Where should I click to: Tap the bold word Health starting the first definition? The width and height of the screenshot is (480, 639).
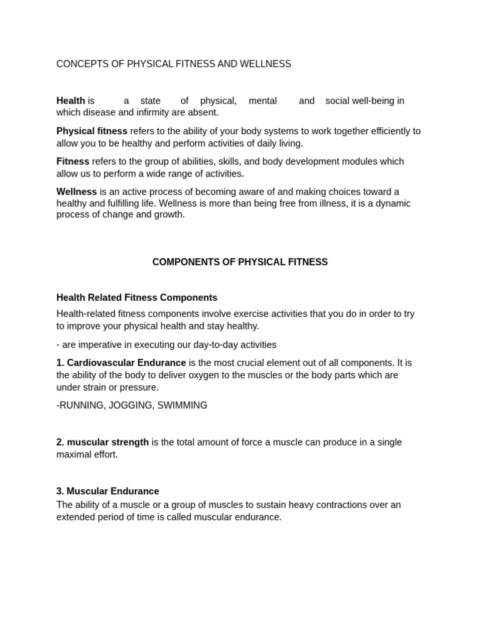click(x=71, y=100)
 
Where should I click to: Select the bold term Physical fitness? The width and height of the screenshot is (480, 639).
click(x=92, y=131)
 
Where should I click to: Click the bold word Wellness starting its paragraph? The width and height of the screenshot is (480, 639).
click(x=76, y=192)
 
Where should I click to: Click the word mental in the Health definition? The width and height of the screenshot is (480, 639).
click(x=262, y=100)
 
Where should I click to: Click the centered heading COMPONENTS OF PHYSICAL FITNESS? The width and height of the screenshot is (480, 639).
click(x=240, y=262)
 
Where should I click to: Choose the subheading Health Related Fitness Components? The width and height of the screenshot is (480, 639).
click(x=137, y=298)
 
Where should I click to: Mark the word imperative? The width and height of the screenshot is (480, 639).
click(x=103, y=344)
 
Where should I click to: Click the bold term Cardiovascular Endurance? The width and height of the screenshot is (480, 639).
click(x=126, y=363)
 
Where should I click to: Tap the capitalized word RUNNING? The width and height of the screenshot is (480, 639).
click(x=80, y=406)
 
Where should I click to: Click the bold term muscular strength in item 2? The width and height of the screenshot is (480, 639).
click(x=107, y=442)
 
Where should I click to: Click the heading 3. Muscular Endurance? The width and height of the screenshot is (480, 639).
click(x=107, y=491)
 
